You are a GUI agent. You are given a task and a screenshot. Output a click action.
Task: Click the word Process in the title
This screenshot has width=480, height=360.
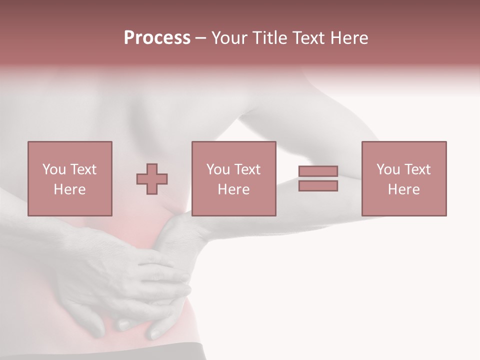pos(157,38)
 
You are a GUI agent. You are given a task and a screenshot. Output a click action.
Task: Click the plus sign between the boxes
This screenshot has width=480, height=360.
pos(152,179)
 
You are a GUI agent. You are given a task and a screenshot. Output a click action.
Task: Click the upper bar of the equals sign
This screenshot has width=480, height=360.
pos(318,171)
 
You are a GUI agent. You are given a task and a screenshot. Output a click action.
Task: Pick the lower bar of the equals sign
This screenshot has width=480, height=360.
pos(318,186)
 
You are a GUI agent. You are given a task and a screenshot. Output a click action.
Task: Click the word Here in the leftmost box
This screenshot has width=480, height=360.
pos(70,189)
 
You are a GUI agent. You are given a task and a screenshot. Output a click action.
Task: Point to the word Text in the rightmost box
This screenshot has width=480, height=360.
pos(417,169)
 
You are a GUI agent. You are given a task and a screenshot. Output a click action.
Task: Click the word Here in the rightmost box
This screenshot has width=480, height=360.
pos(404,189)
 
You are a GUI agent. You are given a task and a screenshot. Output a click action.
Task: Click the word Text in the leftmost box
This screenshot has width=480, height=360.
pos(83,169)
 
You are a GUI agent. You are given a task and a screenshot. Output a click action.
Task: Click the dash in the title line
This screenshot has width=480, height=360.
pos(201,38)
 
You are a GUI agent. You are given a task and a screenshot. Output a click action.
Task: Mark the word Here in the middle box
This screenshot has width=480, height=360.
pos(234,189)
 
